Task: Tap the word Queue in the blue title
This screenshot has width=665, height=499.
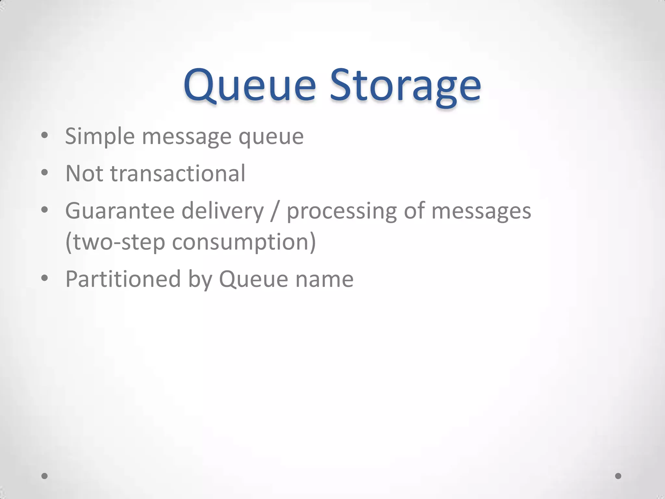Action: [x=249, y=85]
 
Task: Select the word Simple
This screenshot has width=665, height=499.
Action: [x=100, y=136]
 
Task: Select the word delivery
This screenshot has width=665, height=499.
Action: [x=223, y=211]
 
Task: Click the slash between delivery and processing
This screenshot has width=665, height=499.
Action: [x=275, y=211]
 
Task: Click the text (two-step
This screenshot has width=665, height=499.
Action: [x=115, y=242]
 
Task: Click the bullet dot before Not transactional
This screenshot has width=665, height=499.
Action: [x=45, y=173]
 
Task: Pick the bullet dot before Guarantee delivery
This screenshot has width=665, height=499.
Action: [x=45, y=210]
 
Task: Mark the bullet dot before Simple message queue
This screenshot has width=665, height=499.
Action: [x=45, y=135]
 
